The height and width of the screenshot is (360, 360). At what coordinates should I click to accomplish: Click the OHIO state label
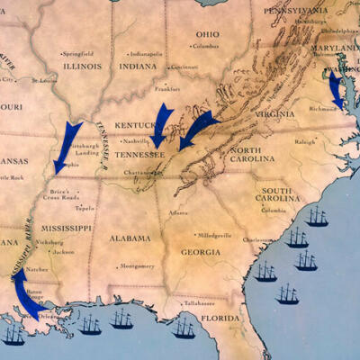pos(206,33)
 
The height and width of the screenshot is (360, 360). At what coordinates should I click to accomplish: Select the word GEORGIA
pos(200,252)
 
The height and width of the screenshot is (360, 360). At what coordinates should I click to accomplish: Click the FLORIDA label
pos(219,317)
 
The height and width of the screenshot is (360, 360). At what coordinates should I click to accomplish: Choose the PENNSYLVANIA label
pos(294,10)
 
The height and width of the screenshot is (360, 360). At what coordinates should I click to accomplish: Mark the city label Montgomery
pos(137,266)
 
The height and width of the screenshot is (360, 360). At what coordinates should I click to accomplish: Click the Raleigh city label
pos(305,141)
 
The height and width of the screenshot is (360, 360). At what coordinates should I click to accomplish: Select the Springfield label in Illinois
pos(78,54)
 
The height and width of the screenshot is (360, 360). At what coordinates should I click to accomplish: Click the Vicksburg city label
pos(50,242)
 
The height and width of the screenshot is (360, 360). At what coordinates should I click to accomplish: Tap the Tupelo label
pos(85,207)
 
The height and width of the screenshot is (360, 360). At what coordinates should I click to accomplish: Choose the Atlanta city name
pos(179,212)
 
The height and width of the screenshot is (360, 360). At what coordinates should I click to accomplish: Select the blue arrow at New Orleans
pos(26,297)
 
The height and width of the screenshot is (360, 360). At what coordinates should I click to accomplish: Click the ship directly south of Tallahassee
pos(184,328)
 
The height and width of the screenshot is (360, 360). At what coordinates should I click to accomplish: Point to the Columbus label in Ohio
pos(206,45)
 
